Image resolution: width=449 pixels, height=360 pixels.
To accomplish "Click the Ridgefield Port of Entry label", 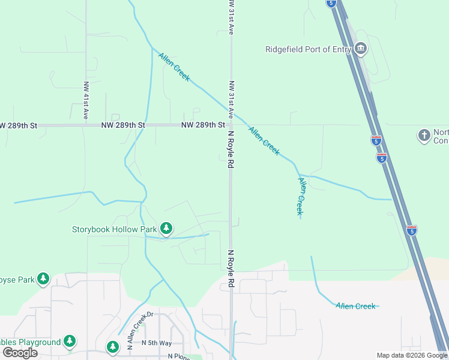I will (x=307, y=50).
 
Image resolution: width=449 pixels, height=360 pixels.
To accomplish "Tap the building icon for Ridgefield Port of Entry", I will (x=360, y=49).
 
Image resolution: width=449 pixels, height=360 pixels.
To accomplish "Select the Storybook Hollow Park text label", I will (x=114, y=229).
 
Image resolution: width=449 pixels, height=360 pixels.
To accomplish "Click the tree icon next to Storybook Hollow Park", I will (x=166, y=229).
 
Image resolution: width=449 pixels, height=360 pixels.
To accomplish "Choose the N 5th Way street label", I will (x=157, y=343).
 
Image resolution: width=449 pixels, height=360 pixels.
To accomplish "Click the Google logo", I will (x=20, y=353).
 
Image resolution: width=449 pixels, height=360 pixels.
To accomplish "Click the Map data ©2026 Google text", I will (x=412, y=355).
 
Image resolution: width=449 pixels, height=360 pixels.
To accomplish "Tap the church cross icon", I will (x=424, y=136).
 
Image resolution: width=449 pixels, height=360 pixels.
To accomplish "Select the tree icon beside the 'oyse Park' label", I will (x=43, y=279).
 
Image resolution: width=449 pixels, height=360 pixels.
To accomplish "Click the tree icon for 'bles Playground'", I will (x=70, y=341).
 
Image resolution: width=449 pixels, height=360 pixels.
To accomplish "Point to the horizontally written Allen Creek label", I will (x=355, y=306).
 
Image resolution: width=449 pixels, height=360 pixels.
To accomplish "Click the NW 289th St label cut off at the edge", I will (x=18, y=125).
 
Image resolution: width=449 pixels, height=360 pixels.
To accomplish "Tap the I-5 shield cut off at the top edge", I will (x=331, y=3).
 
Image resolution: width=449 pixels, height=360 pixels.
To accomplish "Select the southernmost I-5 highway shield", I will (x=411, y=230).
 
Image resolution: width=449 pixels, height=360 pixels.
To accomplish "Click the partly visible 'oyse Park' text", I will (x=17, y=280).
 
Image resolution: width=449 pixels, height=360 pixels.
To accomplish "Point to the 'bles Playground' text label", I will (x=30, y=342).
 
